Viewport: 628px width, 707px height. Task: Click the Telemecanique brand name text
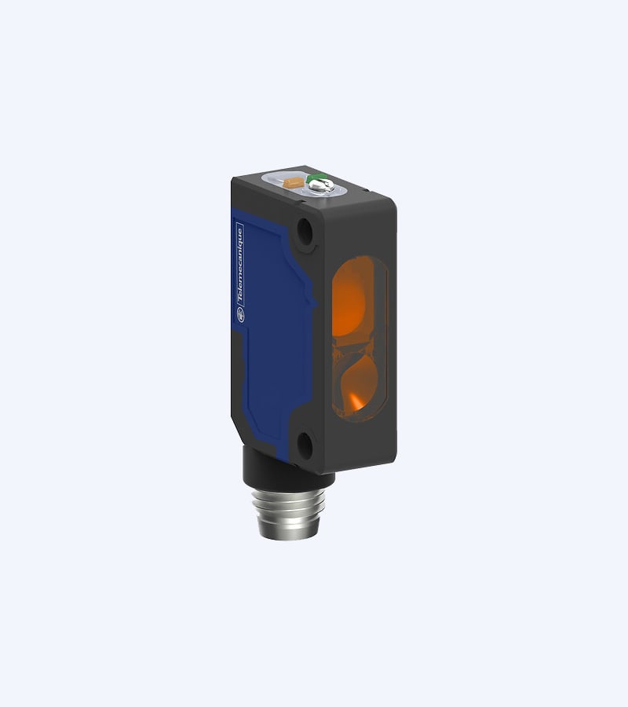(240, 266)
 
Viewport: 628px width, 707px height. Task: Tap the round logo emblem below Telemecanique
(241, 314)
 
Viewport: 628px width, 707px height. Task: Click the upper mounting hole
(305, 231)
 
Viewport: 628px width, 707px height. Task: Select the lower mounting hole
(305, 445)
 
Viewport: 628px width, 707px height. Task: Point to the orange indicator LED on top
(294, 182)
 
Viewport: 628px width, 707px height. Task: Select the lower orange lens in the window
(359, 384)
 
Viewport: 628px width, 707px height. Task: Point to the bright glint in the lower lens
(355, 401)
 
